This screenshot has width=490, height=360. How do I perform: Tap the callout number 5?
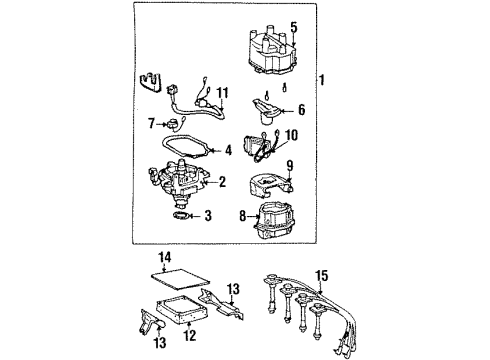point(294,27)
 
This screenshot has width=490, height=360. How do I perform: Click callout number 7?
point(152,124)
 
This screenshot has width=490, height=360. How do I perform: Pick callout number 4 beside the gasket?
point(228,152)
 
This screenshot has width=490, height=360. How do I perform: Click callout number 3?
point(208,216)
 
